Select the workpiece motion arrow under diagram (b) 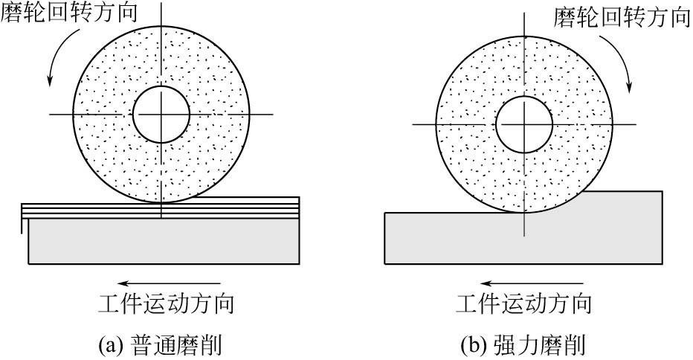(529, 283)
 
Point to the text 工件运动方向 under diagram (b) (525, 306)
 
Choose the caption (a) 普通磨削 (160, 345)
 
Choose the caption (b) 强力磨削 (523, 345)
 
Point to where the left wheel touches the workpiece (161, 202)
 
